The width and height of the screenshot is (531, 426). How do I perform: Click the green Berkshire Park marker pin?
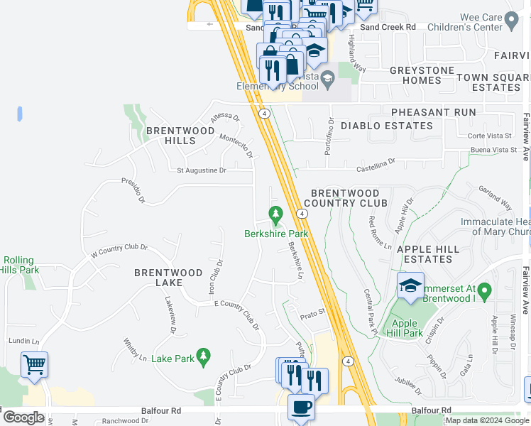click(275, 213)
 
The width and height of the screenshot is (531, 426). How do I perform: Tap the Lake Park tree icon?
click(203, 355)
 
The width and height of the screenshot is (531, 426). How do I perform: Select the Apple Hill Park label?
click(403, 327)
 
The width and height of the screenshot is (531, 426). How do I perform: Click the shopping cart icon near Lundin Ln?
click(34, 365)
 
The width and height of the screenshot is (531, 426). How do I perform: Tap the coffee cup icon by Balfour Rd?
click(300, 408)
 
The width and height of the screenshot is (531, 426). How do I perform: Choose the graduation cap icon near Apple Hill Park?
click(410, 285)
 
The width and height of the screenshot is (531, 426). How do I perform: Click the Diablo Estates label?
click(386, 126)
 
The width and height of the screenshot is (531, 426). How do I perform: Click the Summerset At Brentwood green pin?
click(484, 290)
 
